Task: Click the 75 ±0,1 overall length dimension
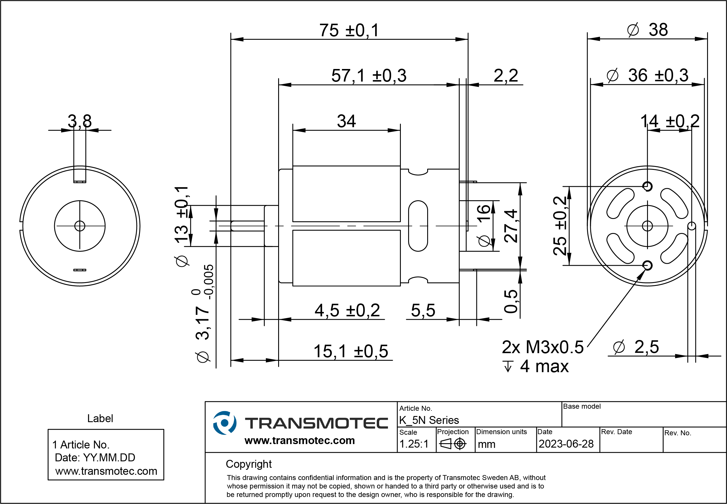[x=349, y=31]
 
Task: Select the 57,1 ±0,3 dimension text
[x=369, y=76]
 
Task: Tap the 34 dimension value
[x=346, y=121]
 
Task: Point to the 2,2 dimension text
[x=506, y=76]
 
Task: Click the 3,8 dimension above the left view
[x=80, y=121]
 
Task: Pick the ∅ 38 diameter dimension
[x=647, y=30]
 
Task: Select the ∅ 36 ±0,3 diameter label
[x=647, y=76]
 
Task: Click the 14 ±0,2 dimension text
[x=670, y=121]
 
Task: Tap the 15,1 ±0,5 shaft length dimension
[x=351, y=351]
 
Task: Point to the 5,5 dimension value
[x=423, y=310]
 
